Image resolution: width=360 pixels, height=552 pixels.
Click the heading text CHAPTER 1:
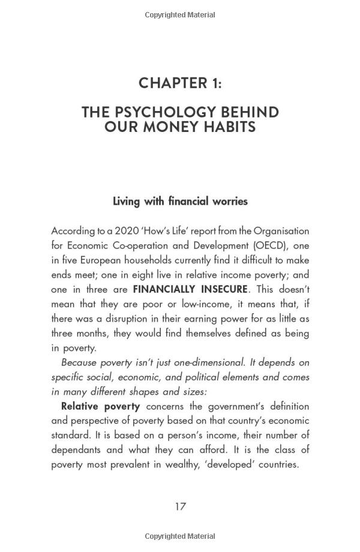click(180, 83)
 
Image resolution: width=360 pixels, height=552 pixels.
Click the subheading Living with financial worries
click(180, 201)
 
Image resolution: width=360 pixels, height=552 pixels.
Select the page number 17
click(180, 506)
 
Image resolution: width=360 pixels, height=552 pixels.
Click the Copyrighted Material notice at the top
click(180, 14)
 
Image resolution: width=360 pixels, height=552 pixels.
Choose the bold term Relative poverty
click(100, 406)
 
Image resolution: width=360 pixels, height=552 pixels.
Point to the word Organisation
click(281, 230)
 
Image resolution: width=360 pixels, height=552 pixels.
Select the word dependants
click(78, 449)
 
